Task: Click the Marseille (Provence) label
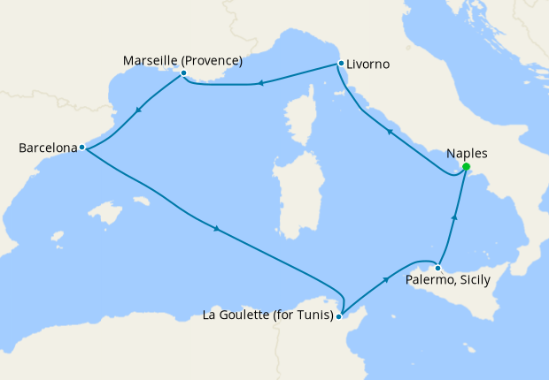point(182,61)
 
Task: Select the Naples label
point(468,153)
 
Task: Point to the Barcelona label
point(48,148)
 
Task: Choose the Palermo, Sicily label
point(447,280)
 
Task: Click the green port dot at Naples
point(466,167)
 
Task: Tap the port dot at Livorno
point(340,64)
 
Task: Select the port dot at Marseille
point(183,73)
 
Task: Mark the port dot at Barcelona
point(81,148)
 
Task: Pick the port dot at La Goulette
point(339,315)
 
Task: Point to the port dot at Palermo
point(437,267)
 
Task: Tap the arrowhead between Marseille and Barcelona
point(139,111)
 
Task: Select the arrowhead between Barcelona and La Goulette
point(216,231)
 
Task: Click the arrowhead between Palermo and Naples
point(454,217)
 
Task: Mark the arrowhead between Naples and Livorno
point(389,131)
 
